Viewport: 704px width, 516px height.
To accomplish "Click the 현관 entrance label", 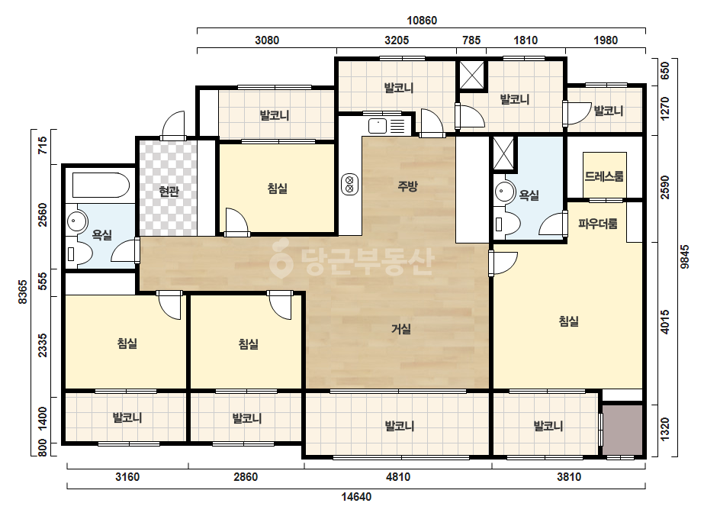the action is (169, 192).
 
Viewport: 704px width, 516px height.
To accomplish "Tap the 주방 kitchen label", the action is (407, 185).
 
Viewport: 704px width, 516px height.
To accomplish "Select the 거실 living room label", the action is (401, 329).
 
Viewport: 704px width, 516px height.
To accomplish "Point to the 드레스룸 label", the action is (604, 176).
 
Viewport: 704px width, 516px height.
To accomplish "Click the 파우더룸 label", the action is (597, 224).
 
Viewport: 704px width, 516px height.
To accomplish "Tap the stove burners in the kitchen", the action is (350, 184).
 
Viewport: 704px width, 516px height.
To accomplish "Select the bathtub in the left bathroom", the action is (101, 185).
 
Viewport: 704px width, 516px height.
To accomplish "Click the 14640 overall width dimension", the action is (356, 497).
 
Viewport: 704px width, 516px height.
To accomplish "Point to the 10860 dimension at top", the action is (422, 21).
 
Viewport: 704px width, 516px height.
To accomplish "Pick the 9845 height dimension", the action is (684, 257).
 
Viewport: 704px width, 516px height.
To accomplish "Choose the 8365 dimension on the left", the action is (22, 292).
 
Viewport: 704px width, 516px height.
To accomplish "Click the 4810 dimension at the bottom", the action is (398, 477).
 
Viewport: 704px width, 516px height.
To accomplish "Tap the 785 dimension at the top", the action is (471, 40).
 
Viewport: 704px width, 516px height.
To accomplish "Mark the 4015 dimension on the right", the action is (665, 321).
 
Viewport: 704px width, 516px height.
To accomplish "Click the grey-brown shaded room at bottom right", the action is (622, 431).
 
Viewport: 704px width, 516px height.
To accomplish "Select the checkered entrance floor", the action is (169, 188).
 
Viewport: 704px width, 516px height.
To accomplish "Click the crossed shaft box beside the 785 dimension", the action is (472, 76).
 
